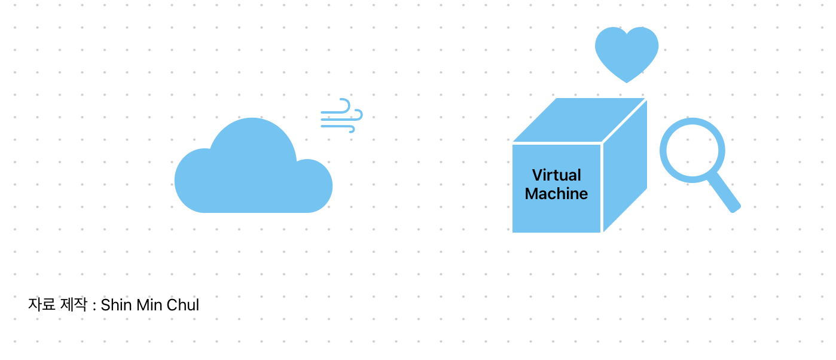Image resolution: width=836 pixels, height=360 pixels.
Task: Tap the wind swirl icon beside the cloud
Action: click(x=341, y=115)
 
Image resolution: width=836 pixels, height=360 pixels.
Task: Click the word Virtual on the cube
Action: click(x=557, y=175)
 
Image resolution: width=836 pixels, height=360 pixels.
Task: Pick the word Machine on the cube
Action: click(x=557, y=194)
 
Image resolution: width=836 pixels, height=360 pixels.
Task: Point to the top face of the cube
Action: click(x=579, y=120)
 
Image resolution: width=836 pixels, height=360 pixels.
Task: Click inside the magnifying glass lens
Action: click(x=692, y=150)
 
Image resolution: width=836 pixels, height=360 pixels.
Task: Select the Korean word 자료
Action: click(x=42, y=305)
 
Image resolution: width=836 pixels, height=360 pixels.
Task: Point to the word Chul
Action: click(x=182, y=305)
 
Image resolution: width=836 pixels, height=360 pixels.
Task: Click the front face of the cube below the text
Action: click(x=557, y=218)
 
